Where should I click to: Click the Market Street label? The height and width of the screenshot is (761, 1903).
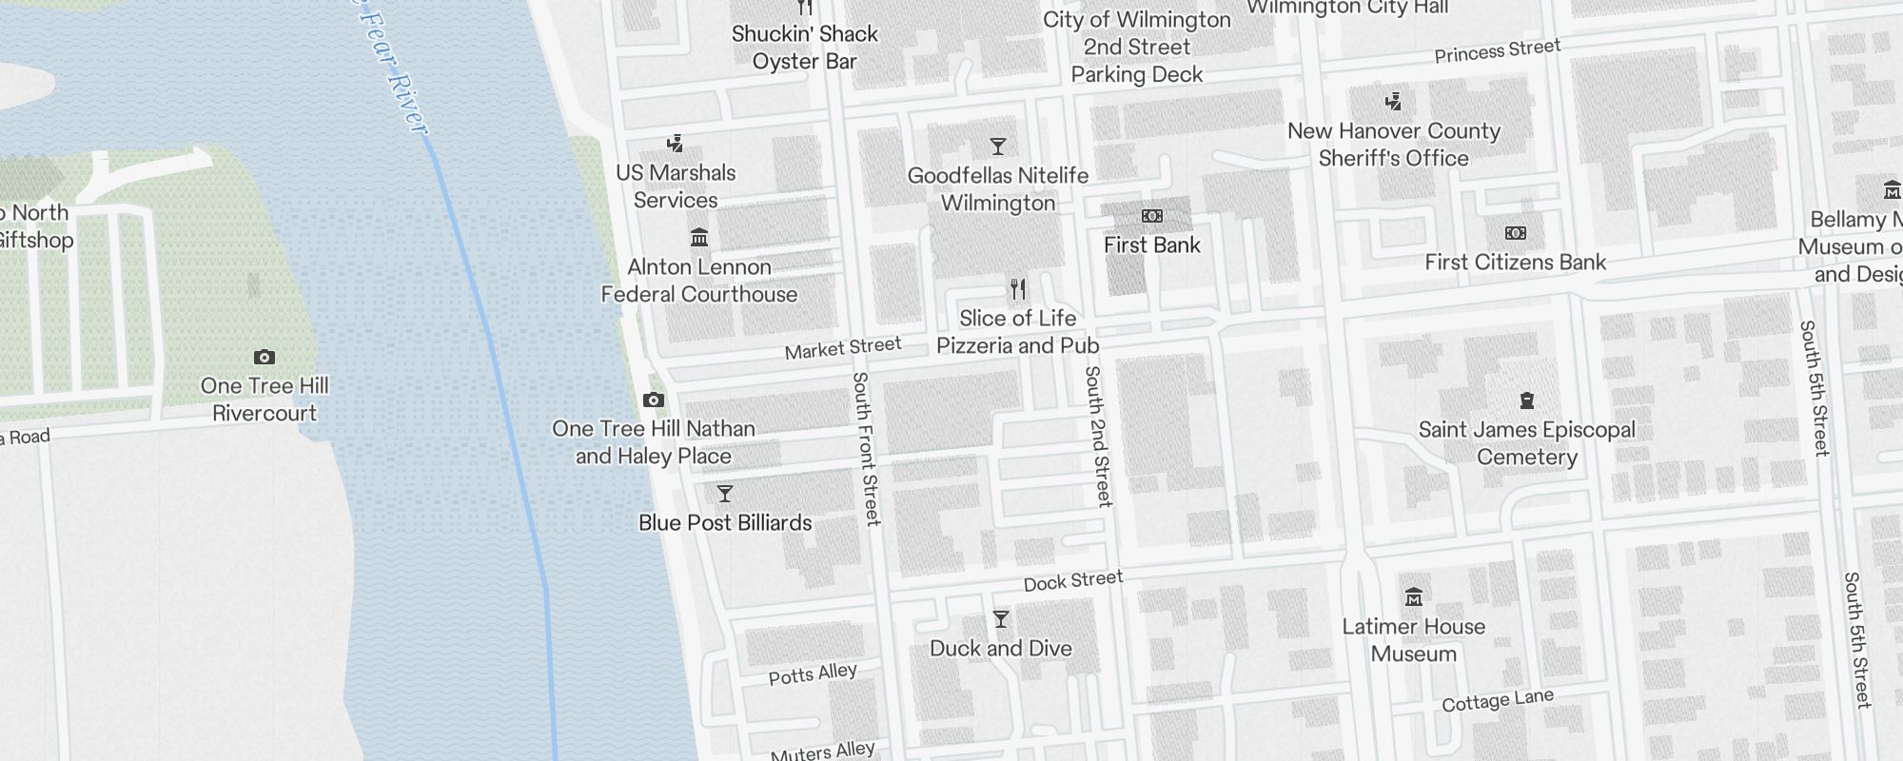click(x=842, y=348)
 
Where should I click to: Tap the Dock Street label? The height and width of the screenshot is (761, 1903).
click(x=1073, y=580)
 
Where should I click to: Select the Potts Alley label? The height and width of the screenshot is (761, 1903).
click(x=813, y=673)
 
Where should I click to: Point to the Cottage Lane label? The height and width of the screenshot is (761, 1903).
click(x=1497, y=701)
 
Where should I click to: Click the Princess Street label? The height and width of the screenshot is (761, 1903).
click(x=1497, y=50)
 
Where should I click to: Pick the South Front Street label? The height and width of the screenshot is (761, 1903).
click(x=866, y=448)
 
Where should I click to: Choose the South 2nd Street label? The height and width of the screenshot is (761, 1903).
click(x=1098, y=436)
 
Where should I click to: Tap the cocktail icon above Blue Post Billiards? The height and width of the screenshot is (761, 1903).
click(x=725, y=494)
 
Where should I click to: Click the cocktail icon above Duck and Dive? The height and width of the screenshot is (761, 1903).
click(x=1001, y=619)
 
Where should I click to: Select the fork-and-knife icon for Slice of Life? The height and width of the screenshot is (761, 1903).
click(x=1018, y=289)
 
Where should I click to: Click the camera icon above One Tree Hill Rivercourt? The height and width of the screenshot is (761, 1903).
click(x=265, y=358)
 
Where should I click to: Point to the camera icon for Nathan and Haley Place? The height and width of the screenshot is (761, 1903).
click(x=654, y=400)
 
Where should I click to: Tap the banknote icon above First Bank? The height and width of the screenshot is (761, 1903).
click(x=1151, y=217)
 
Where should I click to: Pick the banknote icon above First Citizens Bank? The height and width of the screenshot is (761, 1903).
click(x=1515, y=233)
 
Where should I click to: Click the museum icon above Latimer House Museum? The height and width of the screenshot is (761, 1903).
click(x=1414, y=597)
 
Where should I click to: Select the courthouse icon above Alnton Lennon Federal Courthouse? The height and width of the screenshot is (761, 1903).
click(x=699, y=237)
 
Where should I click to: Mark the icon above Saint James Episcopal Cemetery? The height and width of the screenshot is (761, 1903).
click(x=1527, y=400)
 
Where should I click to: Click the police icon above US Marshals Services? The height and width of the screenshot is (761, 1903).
click(x=676, y=145)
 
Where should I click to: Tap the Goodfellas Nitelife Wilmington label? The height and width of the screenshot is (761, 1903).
click(x=998, y=188)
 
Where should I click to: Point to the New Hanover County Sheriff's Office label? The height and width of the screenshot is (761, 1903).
click(x=1393, y=145)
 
